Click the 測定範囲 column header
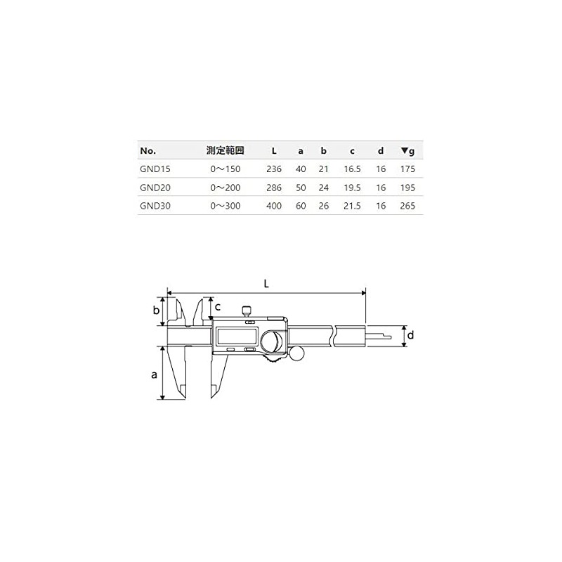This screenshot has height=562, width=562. pos(225,150)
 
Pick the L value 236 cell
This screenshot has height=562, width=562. pos(274,169)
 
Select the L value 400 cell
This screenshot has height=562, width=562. pos(274,206)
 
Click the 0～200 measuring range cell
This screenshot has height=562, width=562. pos(226,188)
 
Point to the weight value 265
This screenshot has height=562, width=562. pos(407,206)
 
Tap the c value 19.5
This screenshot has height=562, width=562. pos(352,188)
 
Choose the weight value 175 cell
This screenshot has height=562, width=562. pos(407,169)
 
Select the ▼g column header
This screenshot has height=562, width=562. pos(407,150)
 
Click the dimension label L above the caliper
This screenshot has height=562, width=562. pos(266,284)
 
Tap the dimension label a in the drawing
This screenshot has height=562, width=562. pos(154,374)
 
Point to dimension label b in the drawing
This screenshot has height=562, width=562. pos(157,311)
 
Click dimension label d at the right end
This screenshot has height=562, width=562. pos(411,336)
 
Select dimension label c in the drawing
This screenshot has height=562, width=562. pos(218,307)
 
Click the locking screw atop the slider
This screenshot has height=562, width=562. pos(247,311)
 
